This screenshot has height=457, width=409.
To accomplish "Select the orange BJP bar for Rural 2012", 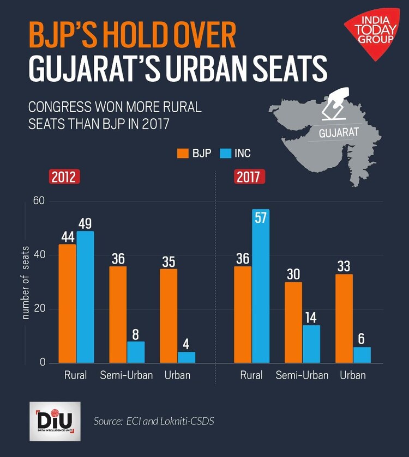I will click(68, 303).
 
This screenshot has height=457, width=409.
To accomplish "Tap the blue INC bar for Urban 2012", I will click(187, 357).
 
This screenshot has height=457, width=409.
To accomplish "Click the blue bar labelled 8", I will click(136, 352).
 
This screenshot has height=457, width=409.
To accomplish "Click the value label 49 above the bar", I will click(86, 224).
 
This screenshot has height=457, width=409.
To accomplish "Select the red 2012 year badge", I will click(65, 177).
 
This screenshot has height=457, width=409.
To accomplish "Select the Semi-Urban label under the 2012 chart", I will click(126, 375).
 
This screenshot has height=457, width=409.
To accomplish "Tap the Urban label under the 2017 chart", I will click(353, 375).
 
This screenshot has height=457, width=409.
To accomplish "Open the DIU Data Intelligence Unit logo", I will click(55, 422).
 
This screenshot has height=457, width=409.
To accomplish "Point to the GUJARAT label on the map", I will click(339, 132).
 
